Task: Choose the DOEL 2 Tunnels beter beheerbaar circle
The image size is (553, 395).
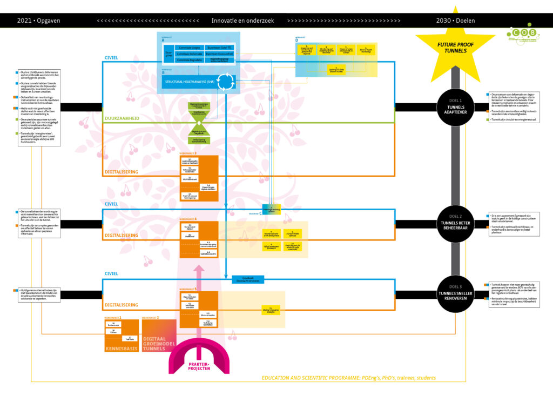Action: coord(456,222)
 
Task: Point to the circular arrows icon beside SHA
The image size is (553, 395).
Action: coord(225,81)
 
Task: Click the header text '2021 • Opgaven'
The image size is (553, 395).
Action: coord(39,21)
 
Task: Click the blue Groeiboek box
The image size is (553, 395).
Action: coord(248,279)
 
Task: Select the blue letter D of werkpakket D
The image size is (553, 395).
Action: coord(296,41)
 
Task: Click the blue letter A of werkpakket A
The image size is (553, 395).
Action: coord(163,41)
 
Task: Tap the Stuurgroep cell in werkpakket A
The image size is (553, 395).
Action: coord(168,53)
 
